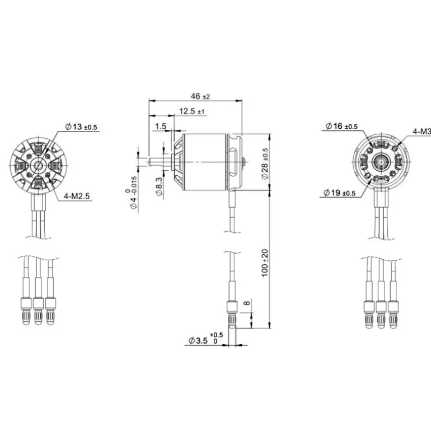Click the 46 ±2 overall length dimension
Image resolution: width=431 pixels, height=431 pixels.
[200, 96]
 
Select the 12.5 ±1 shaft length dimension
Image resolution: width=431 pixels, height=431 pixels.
[192, 111]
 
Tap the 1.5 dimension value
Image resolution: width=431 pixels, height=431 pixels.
[161, 126]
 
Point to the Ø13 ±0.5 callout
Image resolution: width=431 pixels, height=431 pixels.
[81, 127]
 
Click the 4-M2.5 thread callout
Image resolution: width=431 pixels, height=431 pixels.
[77, 196]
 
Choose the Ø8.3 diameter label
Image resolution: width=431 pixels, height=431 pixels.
[159, 186]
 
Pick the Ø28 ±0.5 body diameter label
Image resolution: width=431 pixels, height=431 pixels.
[265, 164]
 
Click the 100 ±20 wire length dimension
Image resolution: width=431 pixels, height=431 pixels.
[265, 263]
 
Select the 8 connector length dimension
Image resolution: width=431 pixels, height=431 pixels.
[247, 303]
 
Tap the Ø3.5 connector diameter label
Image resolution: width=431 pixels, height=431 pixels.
[205, 339]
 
